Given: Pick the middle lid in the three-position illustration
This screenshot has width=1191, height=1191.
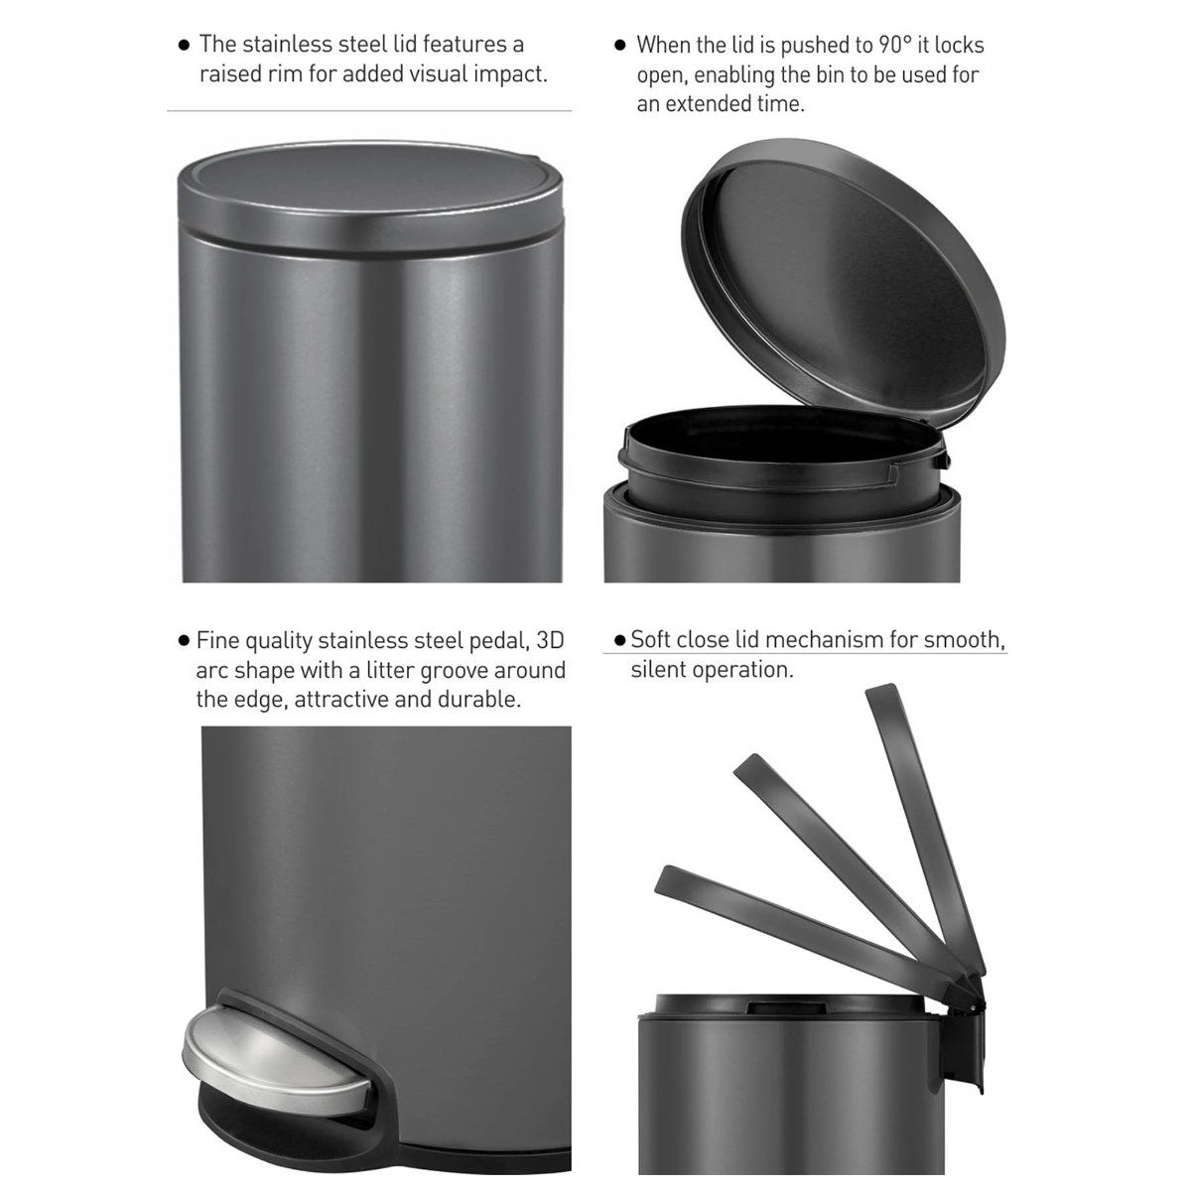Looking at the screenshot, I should [x=844, y=854].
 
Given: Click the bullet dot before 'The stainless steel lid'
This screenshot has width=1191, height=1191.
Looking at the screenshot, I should [x=184, y=46].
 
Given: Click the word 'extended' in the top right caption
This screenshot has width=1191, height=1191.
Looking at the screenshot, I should [x=705, y=103].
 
